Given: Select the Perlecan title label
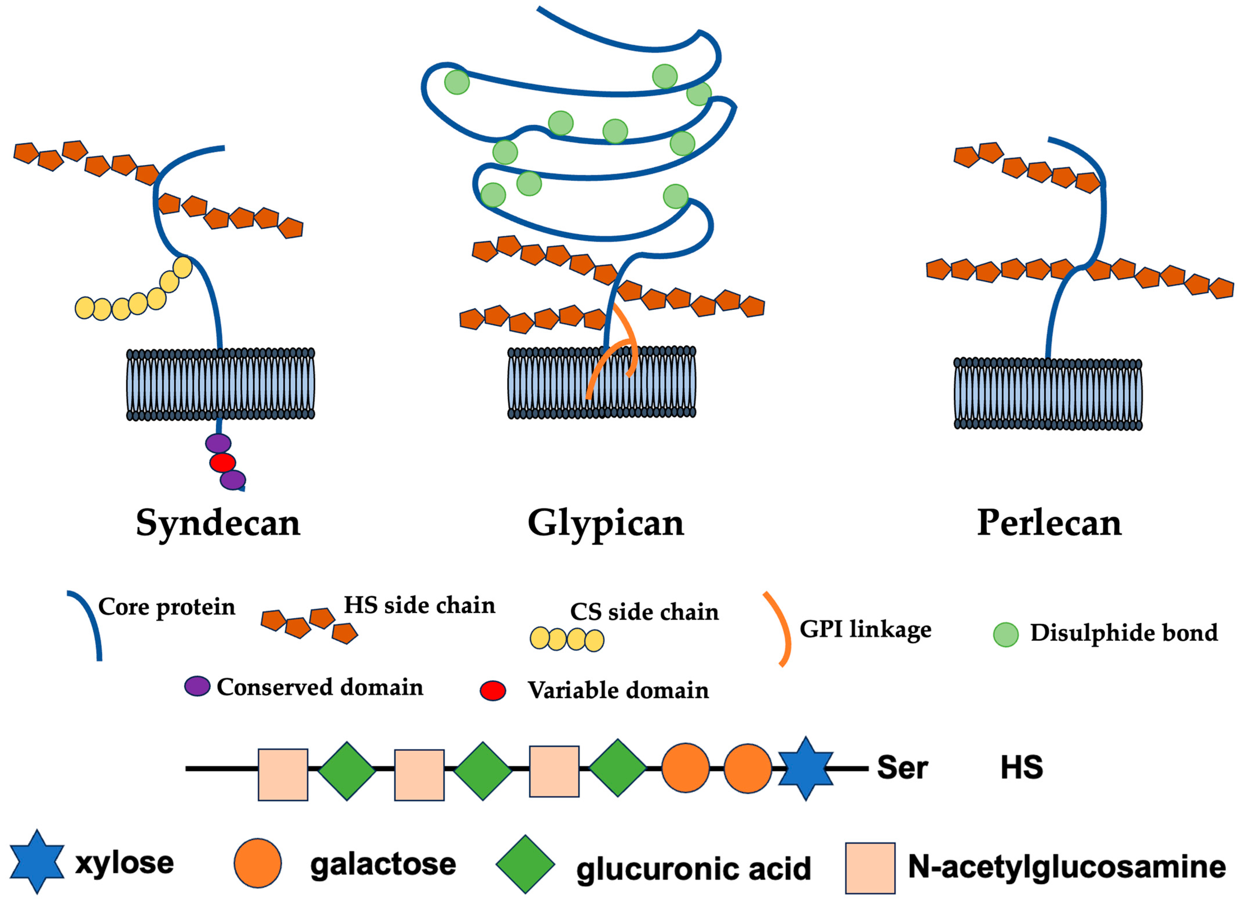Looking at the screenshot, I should [x=1049, y=523].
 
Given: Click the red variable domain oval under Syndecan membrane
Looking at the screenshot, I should [x=222, y=462].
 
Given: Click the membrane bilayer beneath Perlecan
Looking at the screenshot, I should [x=1048, y=394].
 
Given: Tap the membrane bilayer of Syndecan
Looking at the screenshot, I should [x=221, y=384].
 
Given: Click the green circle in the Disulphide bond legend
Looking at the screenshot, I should [x=1005, y=635].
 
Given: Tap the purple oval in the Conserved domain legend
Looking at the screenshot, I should [x=197, y=686].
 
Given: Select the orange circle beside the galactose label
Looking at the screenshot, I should [x=257, y=863].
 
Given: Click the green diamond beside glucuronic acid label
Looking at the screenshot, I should [x=525, y=864].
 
